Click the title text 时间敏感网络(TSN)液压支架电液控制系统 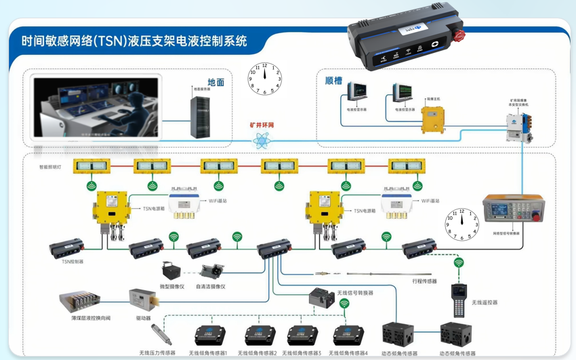pyautogui.click(x=134, y=41)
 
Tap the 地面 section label pyautogui.click(x=215, y=82)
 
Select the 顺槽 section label pyautogui.click(x=333, y=80)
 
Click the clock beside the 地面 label pyautogui.click(x=264, y=79)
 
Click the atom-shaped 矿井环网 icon pyautogui.click(x=261, y=140)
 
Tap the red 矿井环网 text pyautogui.click(x=262, y=125)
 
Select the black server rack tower pyautogui.click(x=201, y=117)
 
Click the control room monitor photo pyautogui.click(x=96, y=108)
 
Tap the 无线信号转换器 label pyautogui.click(x=355, y=293)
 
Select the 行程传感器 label pyautogui.click(x=424, y=281)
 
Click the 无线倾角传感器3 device pyautogui.click(x=302, y=336)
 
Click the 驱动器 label pyautogui.click(x=143, y=317)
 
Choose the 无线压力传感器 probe pyautogui.click(x=161, y=334)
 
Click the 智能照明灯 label pyautogui.click(x=50, y=167)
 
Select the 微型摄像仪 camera pyautogui.click(x=169, y=271)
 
